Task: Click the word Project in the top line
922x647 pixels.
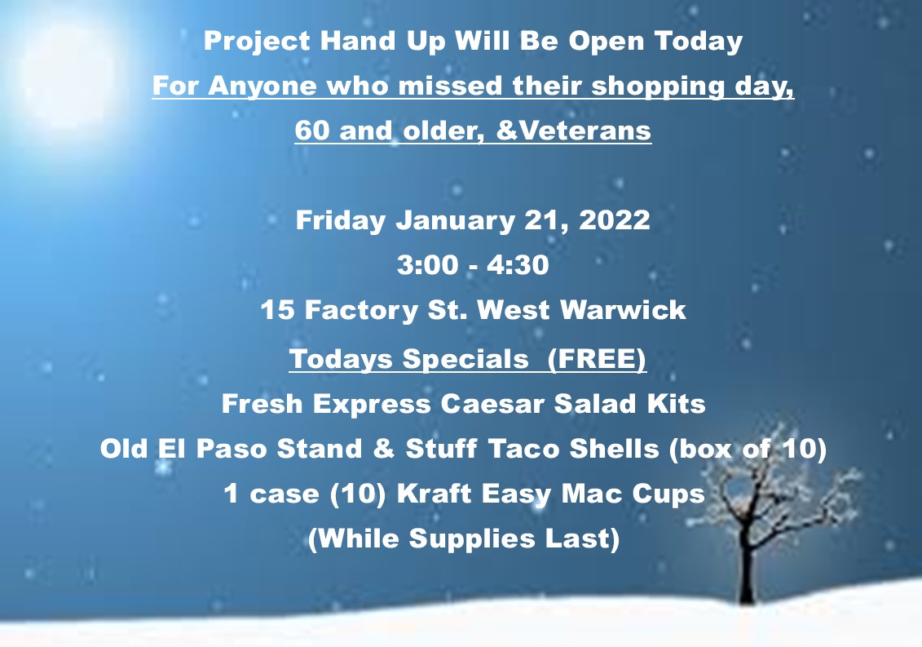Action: tap(257, 42)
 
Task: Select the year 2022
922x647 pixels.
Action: tap(615, 220)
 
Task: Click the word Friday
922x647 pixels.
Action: tap(341, 221)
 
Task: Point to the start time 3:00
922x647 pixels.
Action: tap(427, 265)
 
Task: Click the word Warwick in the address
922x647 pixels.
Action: tap(623, 310)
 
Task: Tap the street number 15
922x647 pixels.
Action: tap(277, 310)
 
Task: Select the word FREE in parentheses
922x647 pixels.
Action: tap(596, 359)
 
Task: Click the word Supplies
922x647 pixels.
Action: tap(472, 539)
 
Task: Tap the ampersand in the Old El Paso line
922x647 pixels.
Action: tap(384, 449)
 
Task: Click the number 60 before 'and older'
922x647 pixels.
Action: tap(312, 130)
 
